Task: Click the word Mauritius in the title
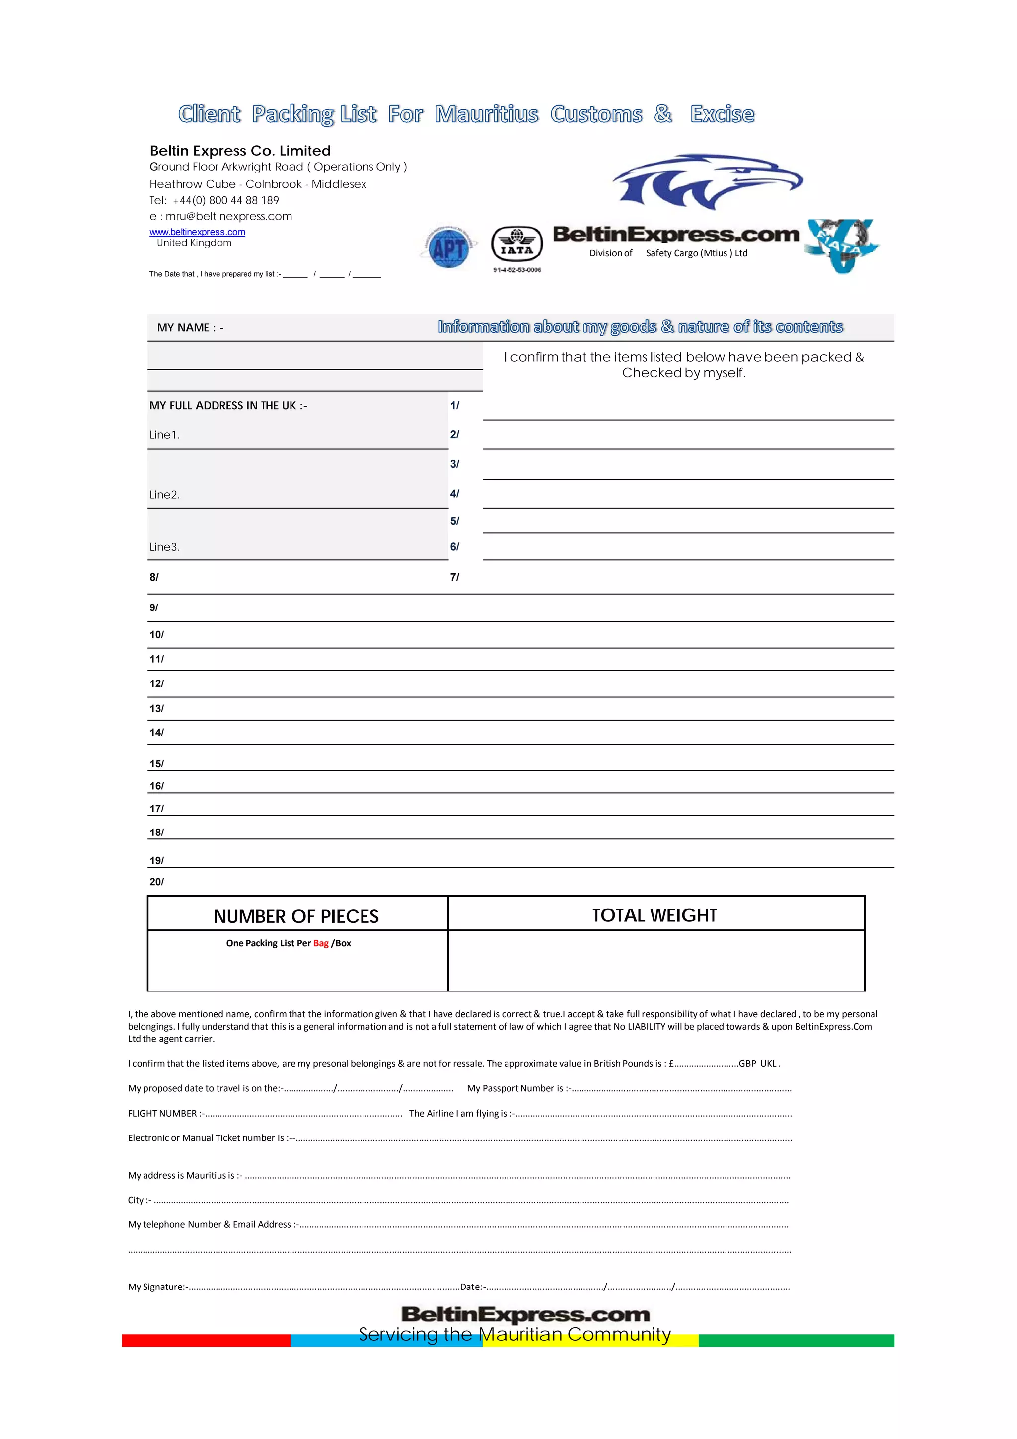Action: tap(486, 114)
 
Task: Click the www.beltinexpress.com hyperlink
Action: tap(197, 232)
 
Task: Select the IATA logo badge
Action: tap(516, 244)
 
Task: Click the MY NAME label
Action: tap(190, 328)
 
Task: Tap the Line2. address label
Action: tap(164, 495)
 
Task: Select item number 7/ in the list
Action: tap(454, 577)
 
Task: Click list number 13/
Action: tap(156, 709)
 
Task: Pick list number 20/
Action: tap(156, 882)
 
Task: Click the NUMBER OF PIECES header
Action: tap(296, 916)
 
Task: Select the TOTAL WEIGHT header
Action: tap(654, 915)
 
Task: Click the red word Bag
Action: tap(321, 943)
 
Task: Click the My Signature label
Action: tap(156, 1287)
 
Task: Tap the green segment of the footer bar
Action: tap(796, 1340)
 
